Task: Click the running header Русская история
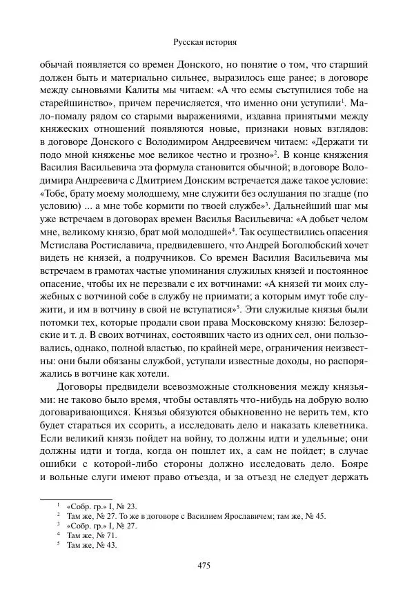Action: coord(206,42)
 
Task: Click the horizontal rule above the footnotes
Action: coord(67,498)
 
